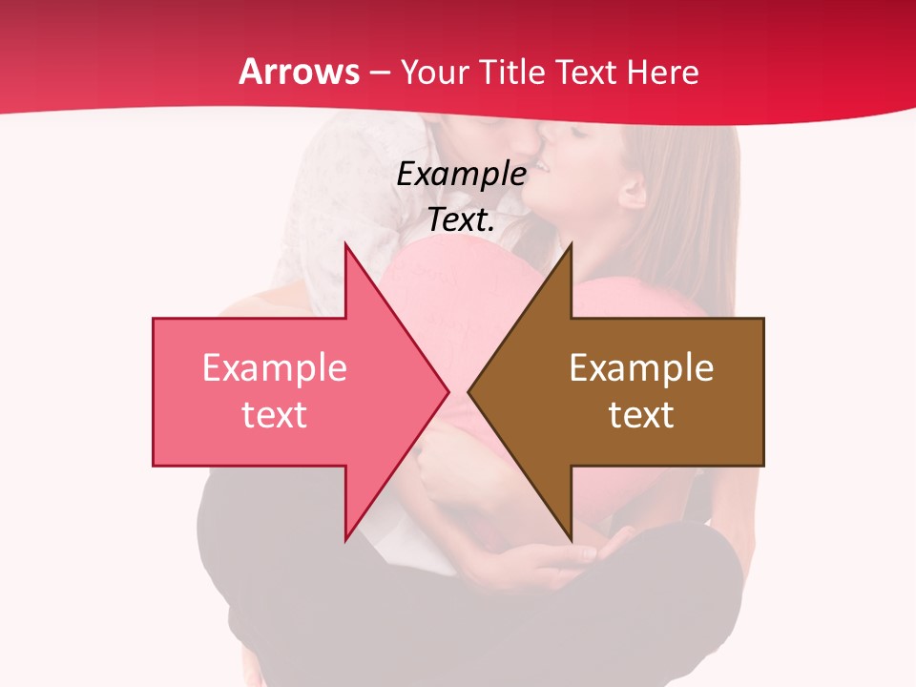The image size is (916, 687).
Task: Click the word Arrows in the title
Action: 300,72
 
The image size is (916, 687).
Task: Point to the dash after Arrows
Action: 380,73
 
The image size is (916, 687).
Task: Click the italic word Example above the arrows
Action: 461,174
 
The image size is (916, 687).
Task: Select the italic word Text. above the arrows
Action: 461,220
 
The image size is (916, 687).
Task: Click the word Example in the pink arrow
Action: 274,367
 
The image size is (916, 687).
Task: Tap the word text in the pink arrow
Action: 274,414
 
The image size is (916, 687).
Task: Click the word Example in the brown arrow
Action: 641,367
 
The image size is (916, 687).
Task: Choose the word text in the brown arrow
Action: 641,414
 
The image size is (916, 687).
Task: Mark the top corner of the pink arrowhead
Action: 345,244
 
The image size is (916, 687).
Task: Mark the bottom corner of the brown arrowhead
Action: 571,538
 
